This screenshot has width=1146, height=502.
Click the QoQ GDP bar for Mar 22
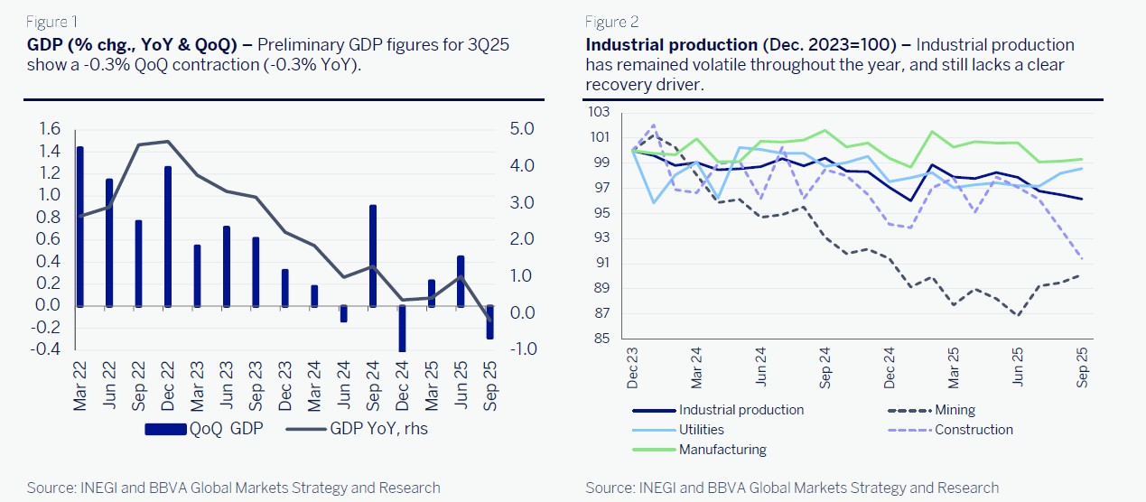coord(80,226)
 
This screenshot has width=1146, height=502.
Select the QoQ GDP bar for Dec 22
coord(168,236)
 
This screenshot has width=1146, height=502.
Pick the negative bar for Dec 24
coord(402,329)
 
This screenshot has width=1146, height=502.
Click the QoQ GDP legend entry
coord(205,429)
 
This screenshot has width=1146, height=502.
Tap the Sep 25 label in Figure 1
coord(490,386)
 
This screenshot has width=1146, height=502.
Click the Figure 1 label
coord(52,22)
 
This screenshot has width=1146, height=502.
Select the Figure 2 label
coord(612,22)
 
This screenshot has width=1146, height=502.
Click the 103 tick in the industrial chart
coord(599,112)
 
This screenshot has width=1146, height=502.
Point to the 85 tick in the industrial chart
coord(602,339)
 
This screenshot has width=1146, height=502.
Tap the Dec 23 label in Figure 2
coord(632,370)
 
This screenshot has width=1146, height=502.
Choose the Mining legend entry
coord(955,410)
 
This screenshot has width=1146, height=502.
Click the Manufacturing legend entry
coord(722,450)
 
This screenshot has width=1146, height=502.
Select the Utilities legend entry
coord(701,430)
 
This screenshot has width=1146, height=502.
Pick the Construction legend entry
coord(974,430)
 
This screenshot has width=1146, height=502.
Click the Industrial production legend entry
coord(741,410)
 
